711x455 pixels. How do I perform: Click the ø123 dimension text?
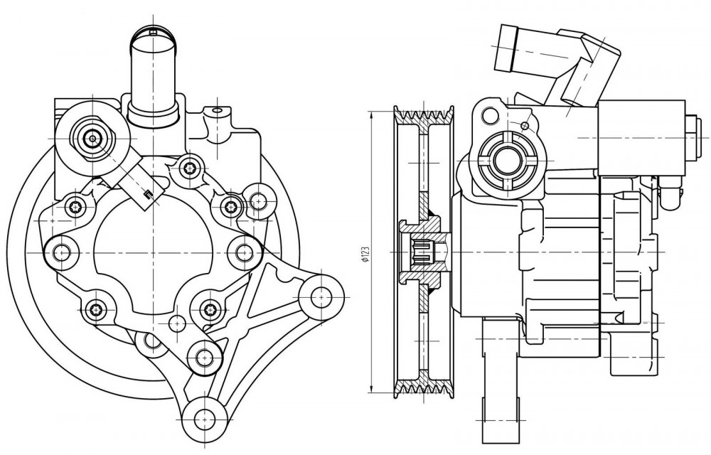[x=364, y=255]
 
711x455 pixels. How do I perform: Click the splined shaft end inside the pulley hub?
[x=422, y=252]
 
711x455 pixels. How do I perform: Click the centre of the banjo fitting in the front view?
[x=93, y=139]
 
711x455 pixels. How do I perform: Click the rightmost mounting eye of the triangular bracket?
[x=321, y=296]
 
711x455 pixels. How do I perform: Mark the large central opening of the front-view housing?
[x=154, y=254]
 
